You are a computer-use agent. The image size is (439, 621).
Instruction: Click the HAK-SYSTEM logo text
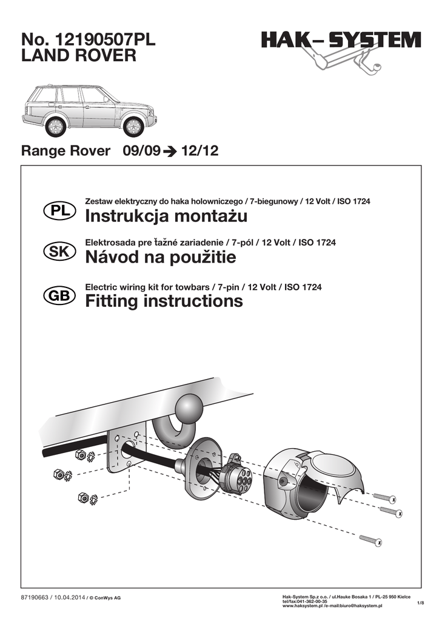[x=341, y=41]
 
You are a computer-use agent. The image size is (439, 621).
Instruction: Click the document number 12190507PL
[x=106, y=40]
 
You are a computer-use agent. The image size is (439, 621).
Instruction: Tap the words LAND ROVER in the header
[x=79, y=56]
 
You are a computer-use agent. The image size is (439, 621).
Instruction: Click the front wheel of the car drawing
[x=133, y=126]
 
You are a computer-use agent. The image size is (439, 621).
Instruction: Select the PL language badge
[x=59, y=210]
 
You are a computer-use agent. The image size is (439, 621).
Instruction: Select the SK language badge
[x=59, y=252]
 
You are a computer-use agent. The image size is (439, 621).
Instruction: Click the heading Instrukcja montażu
[x=167, y=216]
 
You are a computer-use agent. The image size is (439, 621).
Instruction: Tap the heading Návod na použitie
[x=161, y=258]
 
